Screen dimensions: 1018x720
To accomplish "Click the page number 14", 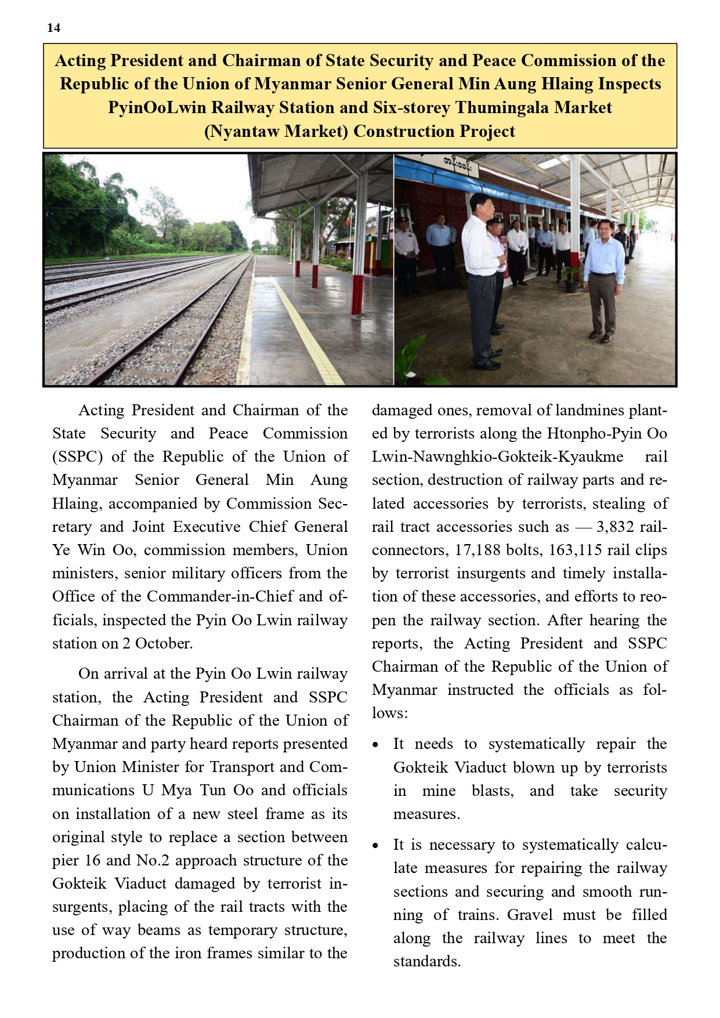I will click(x=53, y=28).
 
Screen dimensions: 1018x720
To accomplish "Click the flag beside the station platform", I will click(x=349, y=219).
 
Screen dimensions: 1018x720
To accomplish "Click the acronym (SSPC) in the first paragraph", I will click(x=78, y=457).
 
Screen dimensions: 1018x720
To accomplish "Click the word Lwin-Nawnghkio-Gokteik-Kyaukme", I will click(x=497, y=457).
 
